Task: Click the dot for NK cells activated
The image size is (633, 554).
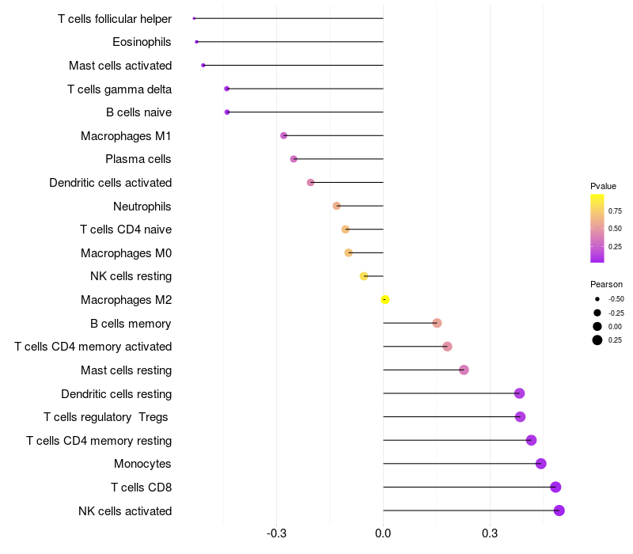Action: [x=559, y=510]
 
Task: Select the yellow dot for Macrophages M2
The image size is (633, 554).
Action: [x=385, y=300]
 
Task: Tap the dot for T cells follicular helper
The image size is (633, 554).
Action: [x=194, y=18]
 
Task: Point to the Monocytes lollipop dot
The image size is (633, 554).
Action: [x=540, y=464]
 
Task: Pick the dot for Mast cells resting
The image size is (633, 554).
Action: [x=464, y=370]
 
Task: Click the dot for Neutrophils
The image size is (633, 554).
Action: [x=337, y=206]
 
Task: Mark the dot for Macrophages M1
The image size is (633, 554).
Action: [x=284, y=136]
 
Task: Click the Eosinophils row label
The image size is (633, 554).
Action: [x=142, y=42]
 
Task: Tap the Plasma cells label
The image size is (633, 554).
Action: [x=138, y=159]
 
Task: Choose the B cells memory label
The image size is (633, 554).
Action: [x=131, y=324]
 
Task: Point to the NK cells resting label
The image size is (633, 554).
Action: [x=131, y=276]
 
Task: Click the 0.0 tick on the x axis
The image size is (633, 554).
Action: [x=383, y=533]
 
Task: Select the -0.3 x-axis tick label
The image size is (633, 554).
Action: [x=276, y=533]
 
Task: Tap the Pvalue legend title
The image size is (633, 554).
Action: [x=603, y=186]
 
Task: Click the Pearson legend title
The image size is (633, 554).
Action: [x=606, y=284]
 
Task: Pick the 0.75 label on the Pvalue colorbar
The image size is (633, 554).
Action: [x=615, y=211]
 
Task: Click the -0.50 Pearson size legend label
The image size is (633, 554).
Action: [x=616, y=299]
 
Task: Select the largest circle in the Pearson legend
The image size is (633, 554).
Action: [x=597, y=340]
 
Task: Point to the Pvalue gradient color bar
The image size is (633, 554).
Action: [x=597, y=228]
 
